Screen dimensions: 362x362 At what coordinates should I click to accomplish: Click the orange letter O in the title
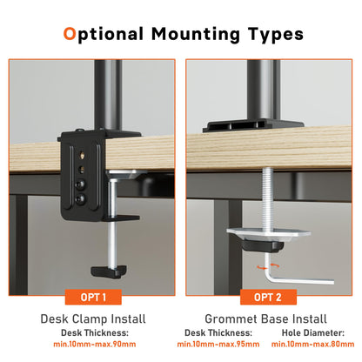(x=70, y=33)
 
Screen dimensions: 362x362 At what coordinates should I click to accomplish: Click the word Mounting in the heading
(x=196, y=35)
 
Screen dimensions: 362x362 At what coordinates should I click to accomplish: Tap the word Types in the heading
(x=275, y=35)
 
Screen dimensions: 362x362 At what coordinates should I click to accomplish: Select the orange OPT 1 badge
(x=93, y=297)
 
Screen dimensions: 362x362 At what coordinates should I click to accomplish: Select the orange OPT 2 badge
(x=268, y=297)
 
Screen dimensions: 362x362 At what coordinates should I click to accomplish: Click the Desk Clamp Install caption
(x=93, y=318)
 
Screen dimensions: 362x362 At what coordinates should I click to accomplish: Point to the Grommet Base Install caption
(x=265, y=318)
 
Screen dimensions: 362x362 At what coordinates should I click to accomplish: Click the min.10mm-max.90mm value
(x=95, y=345)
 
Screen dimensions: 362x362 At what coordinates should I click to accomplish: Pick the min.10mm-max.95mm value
(x=218, y=345)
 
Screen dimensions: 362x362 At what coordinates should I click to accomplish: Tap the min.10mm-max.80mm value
(x=312, y=345)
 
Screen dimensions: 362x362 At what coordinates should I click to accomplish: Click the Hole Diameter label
(x=313, y=332)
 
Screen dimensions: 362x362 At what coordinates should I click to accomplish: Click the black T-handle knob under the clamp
(x=109, y=271)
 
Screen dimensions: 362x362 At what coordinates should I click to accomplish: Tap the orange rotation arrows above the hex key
(x=268, y=266)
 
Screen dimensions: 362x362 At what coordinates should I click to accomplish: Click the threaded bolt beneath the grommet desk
(x=267, y=198)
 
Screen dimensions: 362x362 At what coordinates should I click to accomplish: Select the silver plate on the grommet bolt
(x=268, y=232)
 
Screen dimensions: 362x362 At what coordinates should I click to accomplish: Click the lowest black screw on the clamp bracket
(x=80, y=198)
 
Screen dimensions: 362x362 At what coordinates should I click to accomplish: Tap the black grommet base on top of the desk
(x=253, y=126)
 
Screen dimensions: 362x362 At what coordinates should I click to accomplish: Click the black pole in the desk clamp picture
(x=108, y=95)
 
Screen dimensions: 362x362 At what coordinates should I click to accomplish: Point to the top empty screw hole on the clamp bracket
(x=82, y=156)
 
